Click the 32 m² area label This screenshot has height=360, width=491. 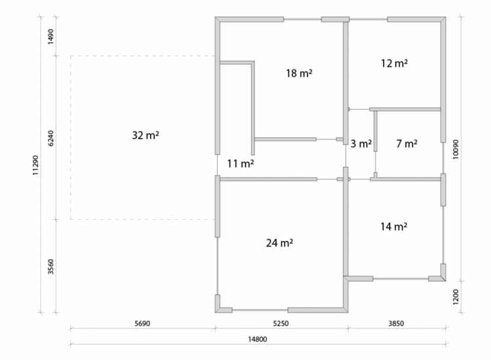(x=145, y=135)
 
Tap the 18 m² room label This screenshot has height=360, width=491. (x=299, y=73)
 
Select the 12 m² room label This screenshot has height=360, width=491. (x=394, y=63)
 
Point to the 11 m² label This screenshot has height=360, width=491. (x=240, y=164)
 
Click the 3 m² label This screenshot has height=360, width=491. (x=361, y=144)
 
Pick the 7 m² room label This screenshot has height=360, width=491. (x=407, y=144)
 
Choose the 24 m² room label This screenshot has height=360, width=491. (x=280, y=243)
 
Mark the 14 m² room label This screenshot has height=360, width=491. (x=394, y=226)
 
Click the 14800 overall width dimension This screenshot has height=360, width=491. (x=257, y=339)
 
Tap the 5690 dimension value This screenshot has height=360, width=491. (x=143, y=323)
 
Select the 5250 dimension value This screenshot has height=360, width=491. (x=281, y=323)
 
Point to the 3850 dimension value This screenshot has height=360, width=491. (x=396, y=323)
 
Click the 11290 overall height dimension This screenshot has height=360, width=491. (x=35, y=166)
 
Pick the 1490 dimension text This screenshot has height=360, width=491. (x=50, y=37)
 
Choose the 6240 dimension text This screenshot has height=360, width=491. (x=50, y=138)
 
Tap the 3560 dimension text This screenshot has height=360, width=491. (x=50, y=266)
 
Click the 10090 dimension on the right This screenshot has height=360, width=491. (x=456, y=150)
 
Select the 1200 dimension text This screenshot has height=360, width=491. (x=456, y=297)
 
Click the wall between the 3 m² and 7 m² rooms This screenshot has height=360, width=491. (x=376, y=131)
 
